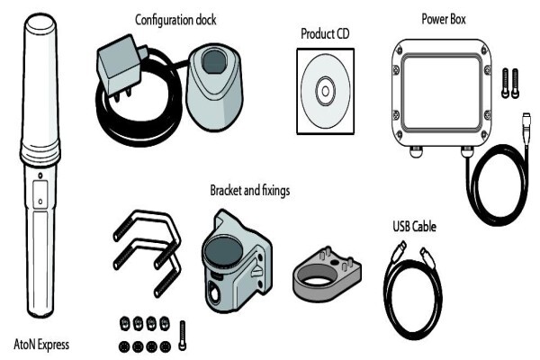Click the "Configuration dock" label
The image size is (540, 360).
pos(175,20)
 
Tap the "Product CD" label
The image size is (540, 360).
pos(325,34)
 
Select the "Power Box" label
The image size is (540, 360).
pos(444,19)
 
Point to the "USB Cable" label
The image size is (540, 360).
pos(414,226)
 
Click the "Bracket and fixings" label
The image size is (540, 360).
pos(250,190)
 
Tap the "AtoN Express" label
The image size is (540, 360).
pos(41,345)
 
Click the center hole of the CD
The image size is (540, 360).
pos(326,91)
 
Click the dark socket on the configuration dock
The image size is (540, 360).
pos(214,60)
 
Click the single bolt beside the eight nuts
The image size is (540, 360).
pos(183,336)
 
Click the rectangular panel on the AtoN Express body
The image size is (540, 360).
pos(40,194)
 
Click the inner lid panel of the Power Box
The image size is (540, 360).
pos(442,92)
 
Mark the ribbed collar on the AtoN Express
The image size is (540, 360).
pos(40,151)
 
